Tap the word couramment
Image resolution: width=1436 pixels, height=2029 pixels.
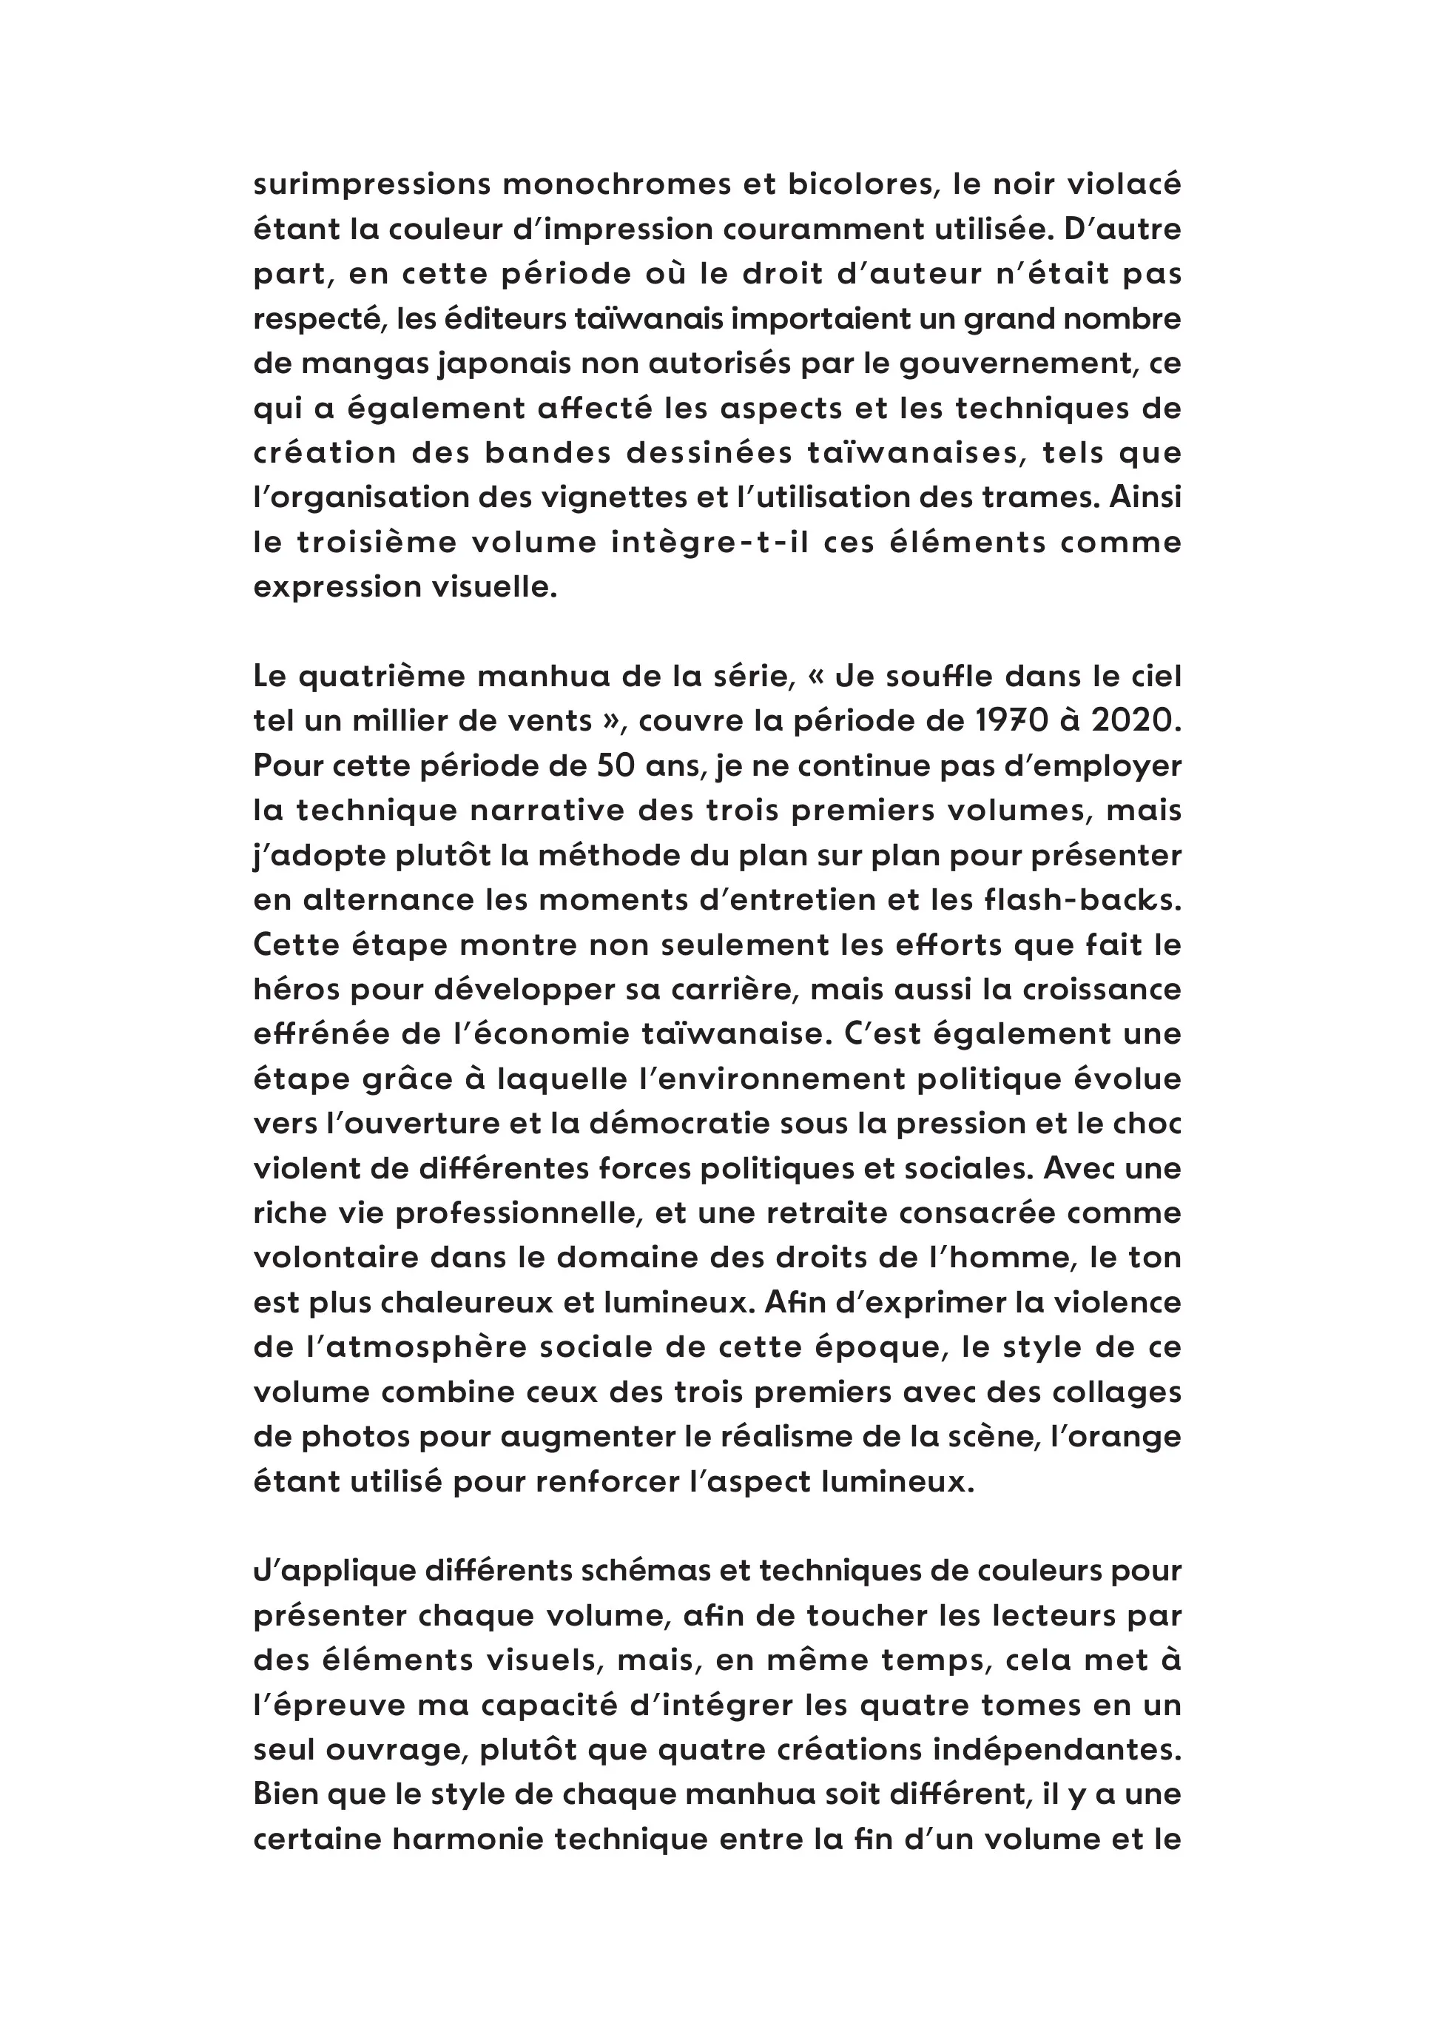tap(824, 230)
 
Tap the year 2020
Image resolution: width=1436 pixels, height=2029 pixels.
tap(1136, 721)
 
